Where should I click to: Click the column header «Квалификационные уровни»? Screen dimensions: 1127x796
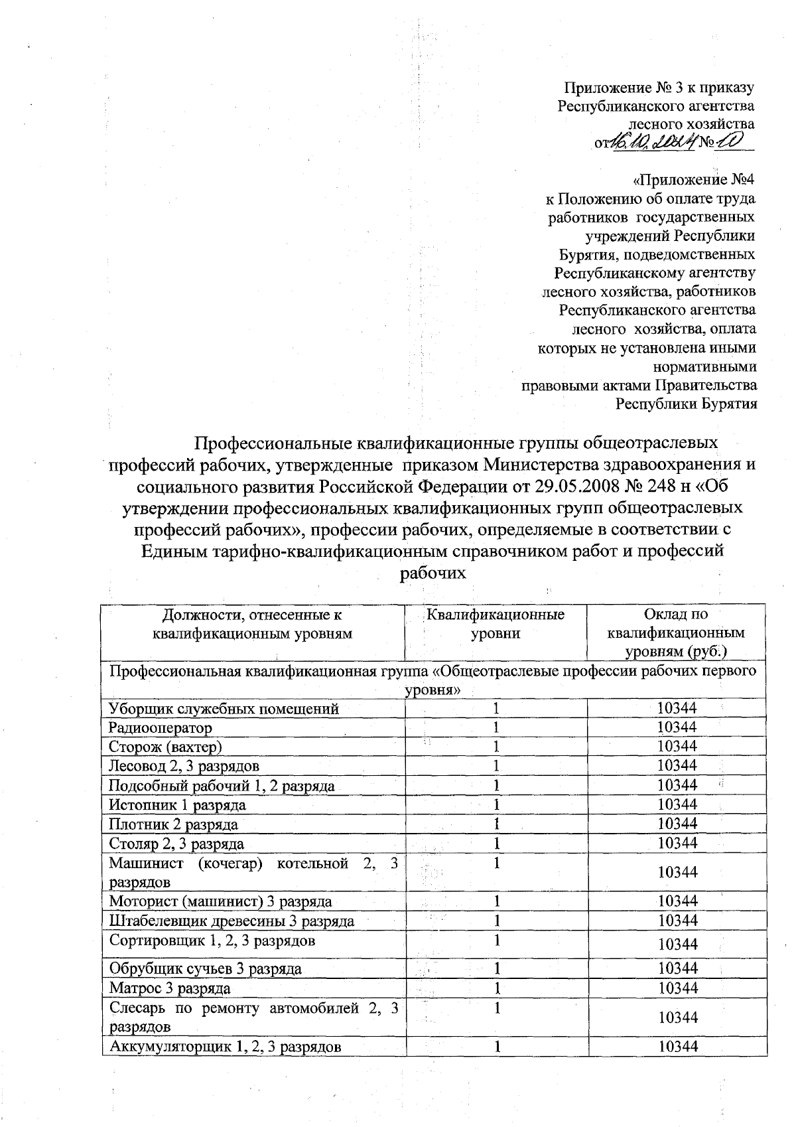click(496, 624)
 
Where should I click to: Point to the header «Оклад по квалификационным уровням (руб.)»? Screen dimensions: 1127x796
click(676, 633)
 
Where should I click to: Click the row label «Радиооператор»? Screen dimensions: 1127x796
click(161, 727)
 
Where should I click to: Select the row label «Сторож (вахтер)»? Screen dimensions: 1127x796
click(165, 747)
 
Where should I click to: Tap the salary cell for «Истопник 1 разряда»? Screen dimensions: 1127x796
click(677, 804)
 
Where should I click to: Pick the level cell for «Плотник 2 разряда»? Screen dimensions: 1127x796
click(496, 824)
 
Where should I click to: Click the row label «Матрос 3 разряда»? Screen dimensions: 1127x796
click(170, 988)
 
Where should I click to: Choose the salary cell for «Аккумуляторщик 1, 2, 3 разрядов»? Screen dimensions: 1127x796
click(677, 1047)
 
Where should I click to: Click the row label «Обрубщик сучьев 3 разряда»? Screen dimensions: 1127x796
click(205, 968)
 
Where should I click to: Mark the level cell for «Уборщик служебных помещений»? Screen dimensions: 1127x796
click(496, 708)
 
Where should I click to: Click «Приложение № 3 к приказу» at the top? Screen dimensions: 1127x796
click(659, 87)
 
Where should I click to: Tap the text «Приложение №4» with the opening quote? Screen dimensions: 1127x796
click(695, 179)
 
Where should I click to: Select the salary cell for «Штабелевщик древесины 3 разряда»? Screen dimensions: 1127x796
click(677, 921)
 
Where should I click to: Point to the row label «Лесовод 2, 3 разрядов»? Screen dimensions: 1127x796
click(184, 766)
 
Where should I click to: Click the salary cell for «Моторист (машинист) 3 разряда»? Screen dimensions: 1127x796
click(677, 901)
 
